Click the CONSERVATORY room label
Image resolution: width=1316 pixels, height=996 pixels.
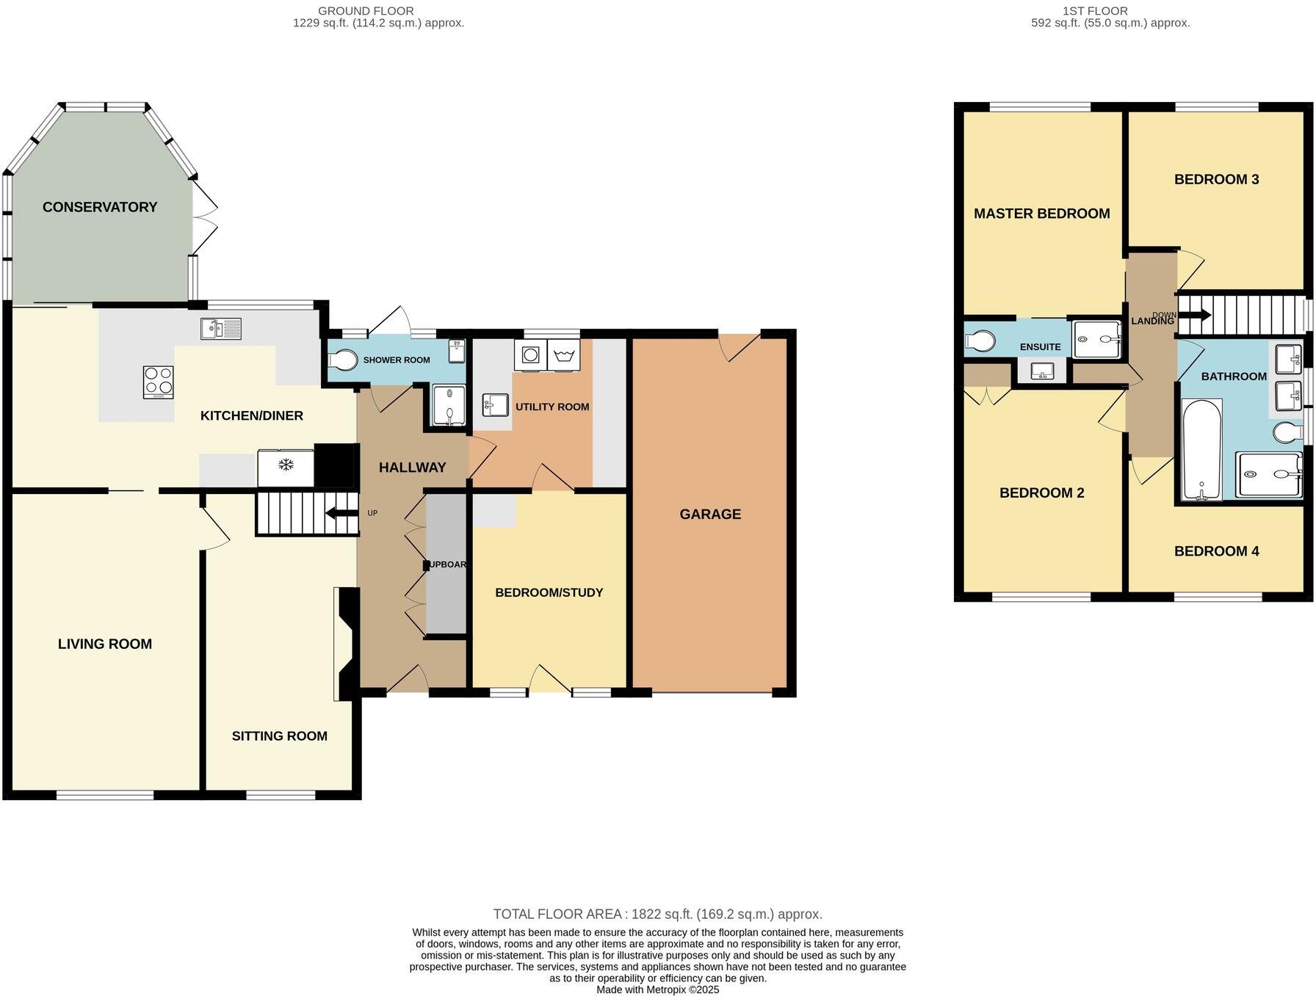(x=100, y=207)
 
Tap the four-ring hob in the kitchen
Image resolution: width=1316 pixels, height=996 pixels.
(x=158, y=382)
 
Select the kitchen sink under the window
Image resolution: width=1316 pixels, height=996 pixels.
(x=221, y=329)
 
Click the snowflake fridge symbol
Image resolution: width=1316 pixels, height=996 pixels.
(x=285, y=465)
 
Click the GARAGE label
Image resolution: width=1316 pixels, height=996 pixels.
(x=710, y=514)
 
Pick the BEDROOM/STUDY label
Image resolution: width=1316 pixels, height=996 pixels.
(x=549, y=592)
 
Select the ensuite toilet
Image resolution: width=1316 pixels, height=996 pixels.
(x=980, y=341)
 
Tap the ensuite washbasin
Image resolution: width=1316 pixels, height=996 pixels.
(x=1042, y=371)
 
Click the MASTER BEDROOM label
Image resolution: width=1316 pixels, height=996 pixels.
(x=1041, y=214)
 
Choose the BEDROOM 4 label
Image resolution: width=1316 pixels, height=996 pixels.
(x=1216, y=551)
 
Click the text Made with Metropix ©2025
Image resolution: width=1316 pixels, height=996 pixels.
(x=657, y=989)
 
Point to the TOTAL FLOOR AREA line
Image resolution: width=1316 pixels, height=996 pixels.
(x=657, y=914)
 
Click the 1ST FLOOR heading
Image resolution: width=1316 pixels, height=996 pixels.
(x=1094, y=11)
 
